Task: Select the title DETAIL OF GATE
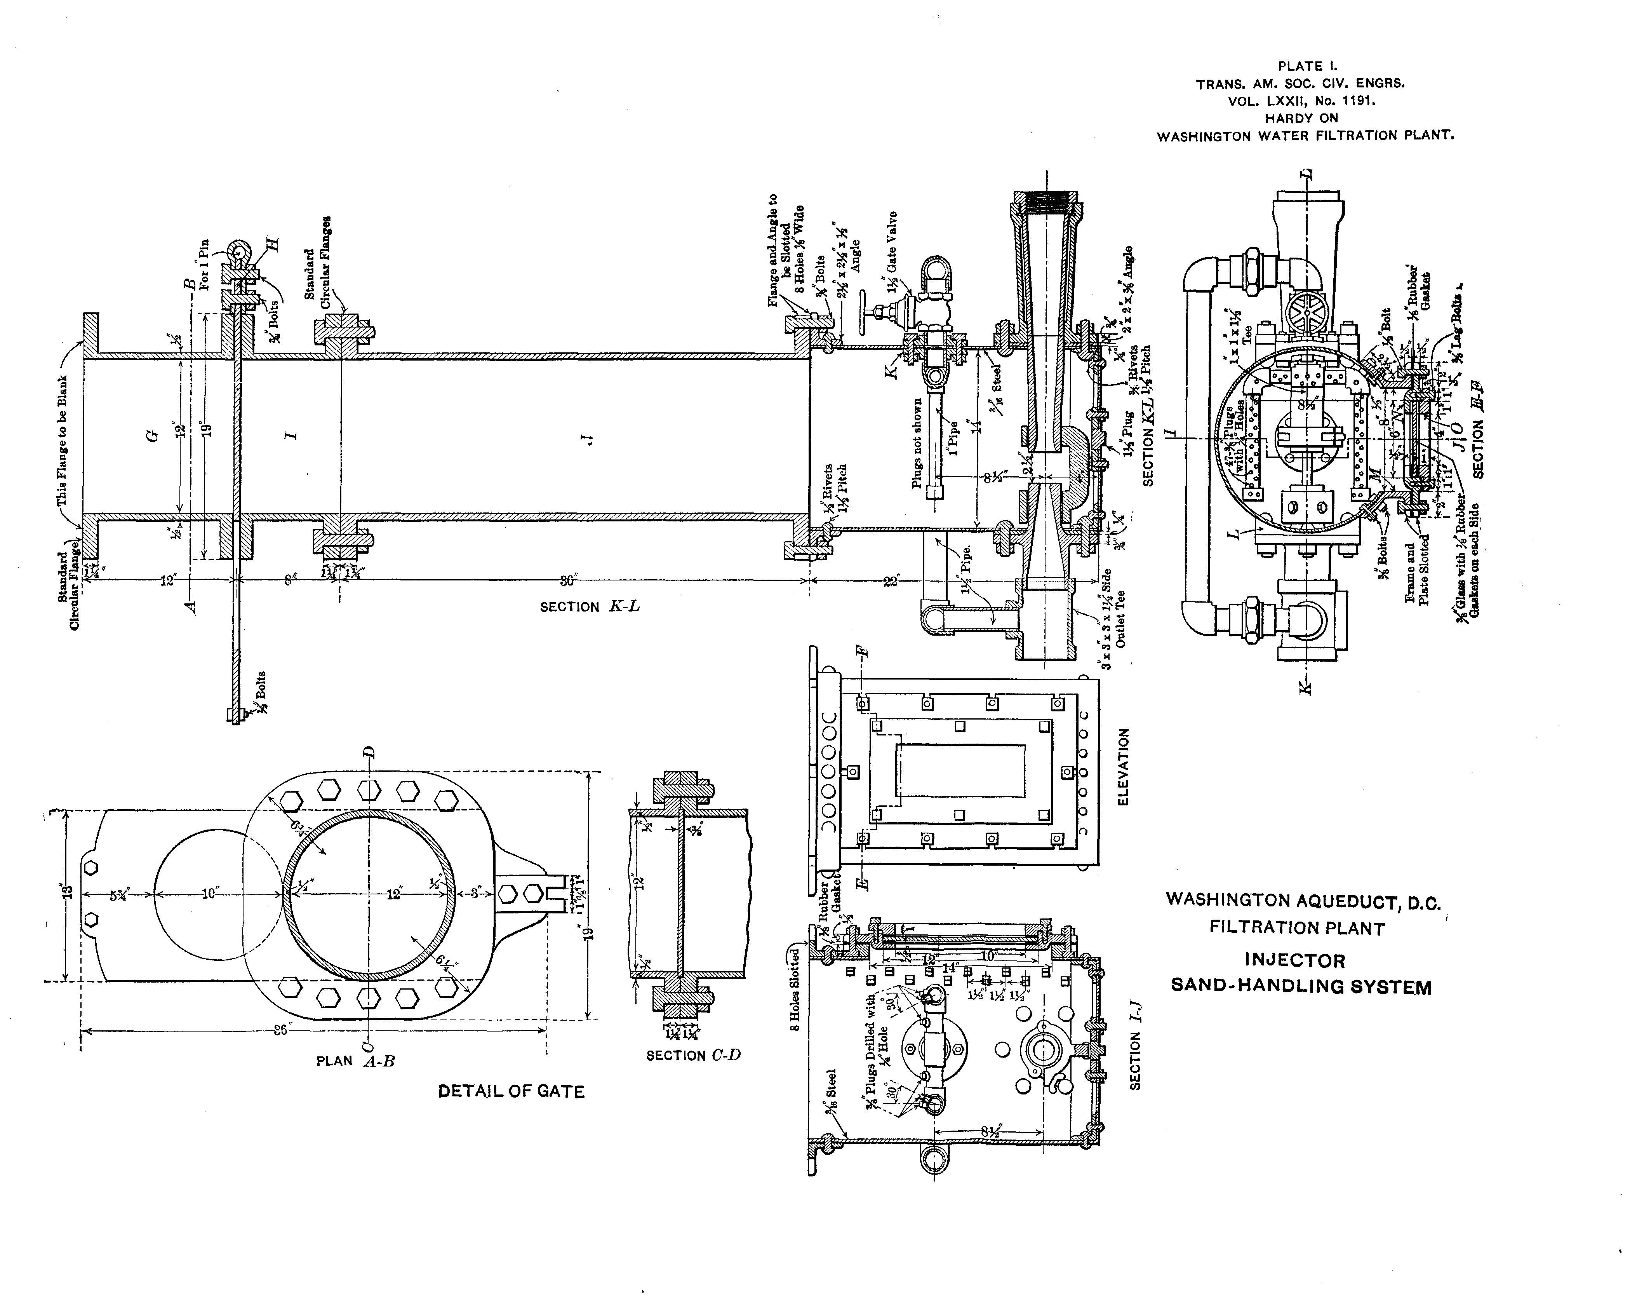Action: (511, 1092)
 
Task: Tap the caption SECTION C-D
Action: (692, 1056)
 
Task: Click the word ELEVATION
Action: (1124, 767)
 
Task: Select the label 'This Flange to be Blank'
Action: (62, 441)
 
